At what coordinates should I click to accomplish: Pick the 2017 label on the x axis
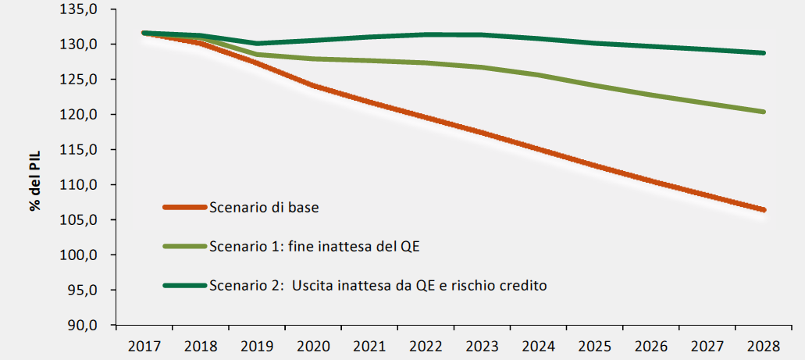(x=144, y=344)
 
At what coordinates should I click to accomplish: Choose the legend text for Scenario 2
(x=378, y=285)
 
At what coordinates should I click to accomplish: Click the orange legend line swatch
(x=185, y=207)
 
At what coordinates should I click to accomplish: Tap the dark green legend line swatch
(x=185, y=285)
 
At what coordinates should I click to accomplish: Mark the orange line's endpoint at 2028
(x=763, y=209)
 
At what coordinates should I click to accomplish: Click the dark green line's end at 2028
(x=763, y=53)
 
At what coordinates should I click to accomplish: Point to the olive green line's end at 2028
(x=763, y=112)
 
